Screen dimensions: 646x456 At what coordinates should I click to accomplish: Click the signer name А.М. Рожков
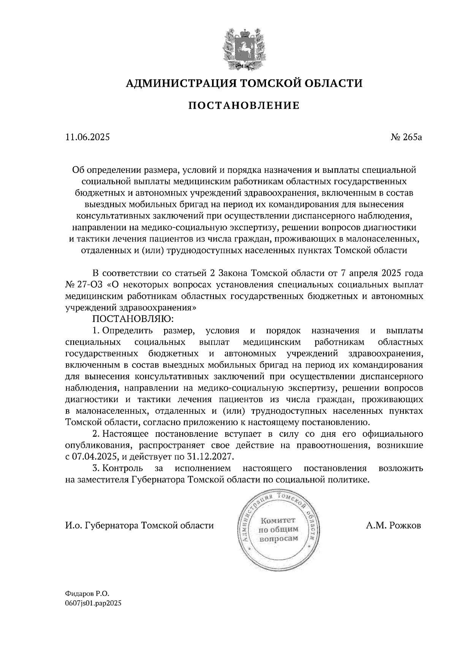394,526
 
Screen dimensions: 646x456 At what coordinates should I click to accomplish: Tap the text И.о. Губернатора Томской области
139,526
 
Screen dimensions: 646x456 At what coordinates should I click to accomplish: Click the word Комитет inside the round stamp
278,520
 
